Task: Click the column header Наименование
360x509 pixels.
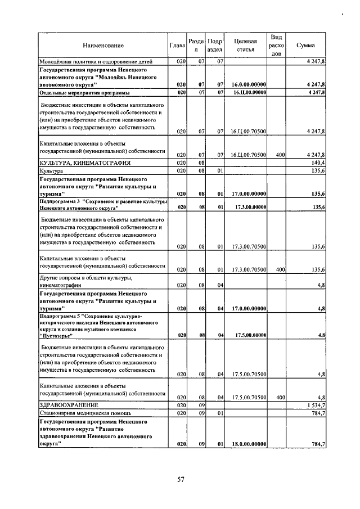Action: click(x=103, y=45)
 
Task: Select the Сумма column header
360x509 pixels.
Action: click(x=307, y=45)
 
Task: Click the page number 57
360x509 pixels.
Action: click(x=181, y=479)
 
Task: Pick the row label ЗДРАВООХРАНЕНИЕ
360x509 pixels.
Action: click(x=69, y=404)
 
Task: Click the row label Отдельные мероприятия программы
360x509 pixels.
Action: click(x=84, y=92)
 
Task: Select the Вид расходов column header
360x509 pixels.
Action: click(x=276, y=45)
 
